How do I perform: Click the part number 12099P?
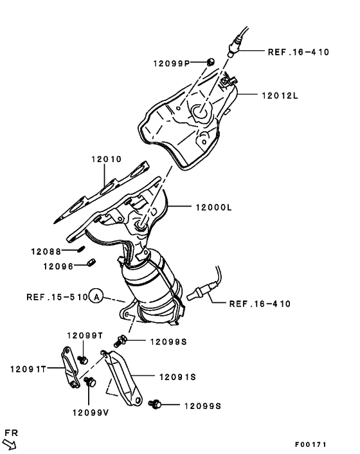171,63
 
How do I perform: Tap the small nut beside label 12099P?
210,62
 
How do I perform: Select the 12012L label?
280,95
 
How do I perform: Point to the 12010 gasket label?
105,159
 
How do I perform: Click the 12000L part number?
209,207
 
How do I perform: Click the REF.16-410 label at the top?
298,51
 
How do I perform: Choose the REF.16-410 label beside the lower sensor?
259,303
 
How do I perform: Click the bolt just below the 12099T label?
82,358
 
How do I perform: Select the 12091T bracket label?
28,368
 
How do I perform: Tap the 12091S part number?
175,378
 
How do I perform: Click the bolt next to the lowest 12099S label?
154,404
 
